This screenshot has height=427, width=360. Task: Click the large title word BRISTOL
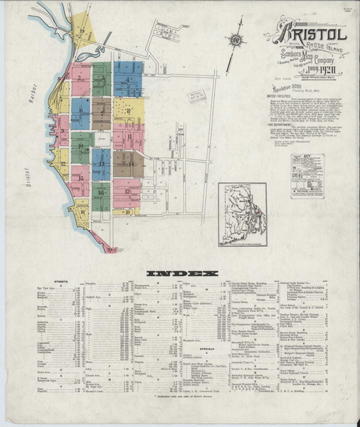(308, 34)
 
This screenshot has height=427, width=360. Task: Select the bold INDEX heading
(180, 273)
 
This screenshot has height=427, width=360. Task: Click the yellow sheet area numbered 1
(90, 32)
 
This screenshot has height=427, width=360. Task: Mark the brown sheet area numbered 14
(129, 164)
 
